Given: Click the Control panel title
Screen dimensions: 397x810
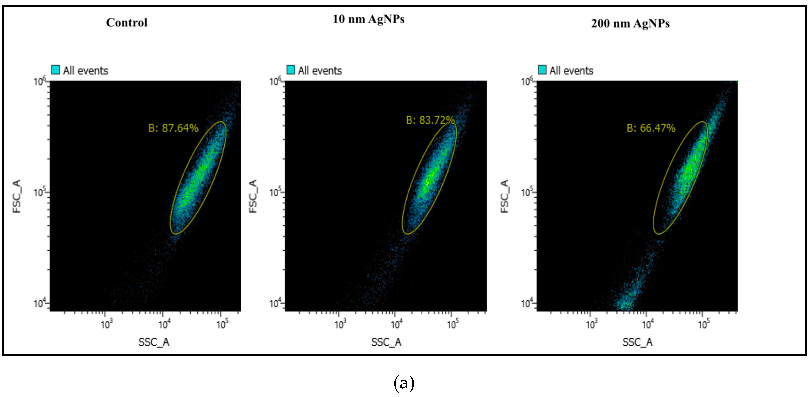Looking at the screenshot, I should point(127,23).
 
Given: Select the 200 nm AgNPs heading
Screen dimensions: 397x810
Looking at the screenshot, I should point(630,23).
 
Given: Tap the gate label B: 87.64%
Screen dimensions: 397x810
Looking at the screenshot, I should point(173,128).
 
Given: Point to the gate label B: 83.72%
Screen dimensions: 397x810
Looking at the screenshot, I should point(430,120).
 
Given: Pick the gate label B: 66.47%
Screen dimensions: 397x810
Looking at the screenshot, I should point(651,128).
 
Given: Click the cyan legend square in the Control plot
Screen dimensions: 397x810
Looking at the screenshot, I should point(55,70).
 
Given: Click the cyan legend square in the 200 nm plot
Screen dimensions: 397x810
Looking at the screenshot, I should point(542,70).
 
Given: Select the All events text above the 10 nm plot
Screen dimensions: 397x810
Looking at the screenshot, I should point(319,71).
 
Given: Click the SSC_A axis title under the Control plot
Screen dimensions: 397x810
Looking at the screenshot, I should point(154,342).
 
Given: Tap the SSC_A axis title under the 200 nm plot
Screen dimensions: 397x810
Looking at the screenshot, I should point(637,342).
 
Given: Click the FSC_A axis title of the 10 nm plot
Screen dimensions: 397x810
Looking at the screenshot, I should point(253,196).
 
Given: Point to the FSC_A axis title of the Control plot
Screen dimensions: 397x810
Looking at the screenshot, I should point(17,196).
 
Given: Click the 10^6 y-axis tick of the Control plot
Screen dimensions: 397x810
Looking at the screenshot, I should point(40,81).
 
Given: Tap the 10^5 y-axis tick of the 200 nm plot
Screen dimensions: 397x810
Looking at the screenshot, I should point(527,192).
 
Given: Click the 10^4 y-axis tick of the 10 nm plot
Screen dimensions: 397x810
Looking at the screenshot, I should point(275,303).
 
